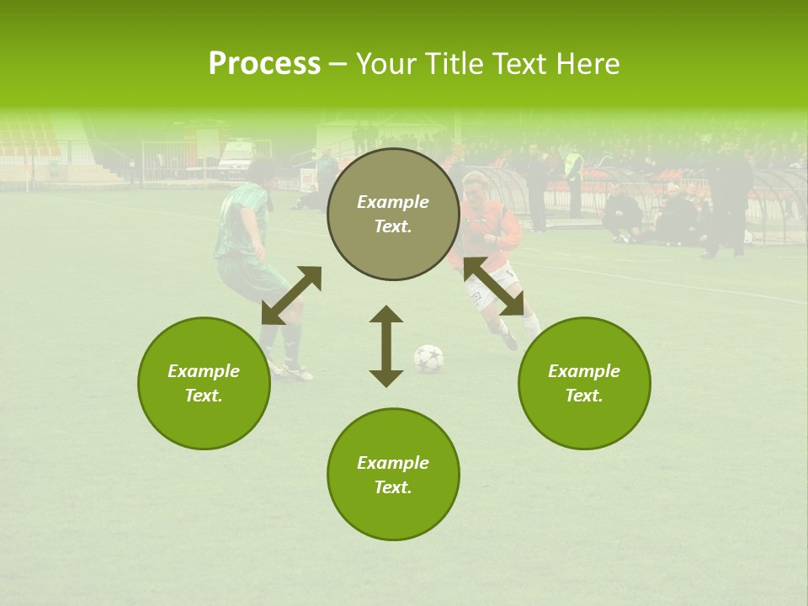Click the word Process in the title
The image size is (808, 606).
click(264, 64)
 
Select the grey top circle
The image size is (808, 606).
click(393, 214)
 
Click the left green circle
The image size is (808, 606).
click(204, 383)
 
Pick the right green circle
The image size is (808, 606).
click(584, 383)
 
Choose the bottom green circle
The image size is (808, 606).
click(393, 475)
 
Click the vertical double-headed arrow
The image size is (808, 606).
click(386, 347)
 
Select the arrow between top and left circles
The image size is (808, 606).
click(291, 295)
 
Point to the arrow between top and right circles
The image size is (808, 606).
click(494, 286)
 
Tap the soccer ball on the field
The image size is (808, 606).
click(428, 359)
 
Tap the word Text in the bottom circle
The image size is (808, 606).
click(392, 487)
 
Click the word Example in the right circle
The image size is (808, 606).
click(583, 371)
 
